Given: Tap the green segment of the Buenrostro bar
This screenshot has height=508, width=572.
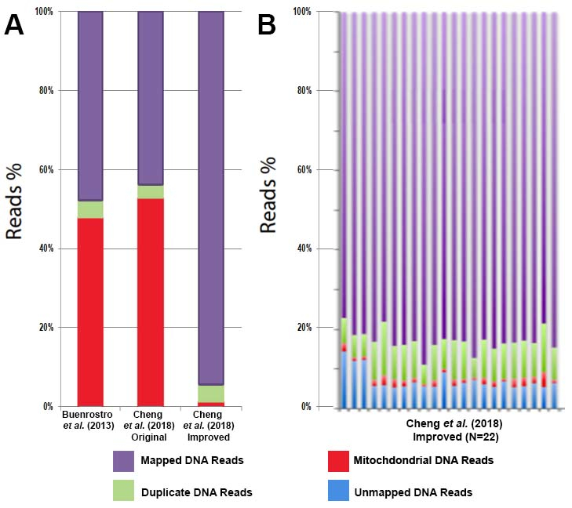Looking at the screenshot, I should tap(90, 209).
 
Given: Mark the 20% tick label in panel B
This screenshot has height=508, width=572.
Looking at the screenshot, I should tap(303, 328).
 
